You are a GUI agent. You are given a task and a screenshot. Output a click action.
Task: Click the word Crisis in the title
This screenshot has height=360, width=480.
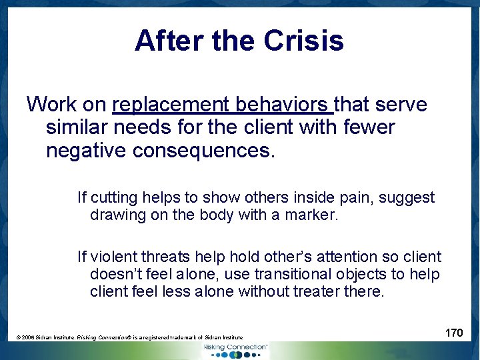[x=303, y=41]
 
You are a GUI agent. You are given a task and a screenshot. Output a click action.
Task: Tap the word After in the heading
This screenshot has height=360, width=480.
[x=170, y=41]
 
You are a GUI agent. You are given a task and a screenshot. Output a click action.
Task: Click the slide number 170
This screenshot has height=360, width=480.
[x=454, y=332]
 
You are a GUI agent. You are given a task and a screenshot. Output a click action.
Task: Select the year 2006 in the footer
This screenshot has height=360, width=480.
[x=28, y=338]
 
